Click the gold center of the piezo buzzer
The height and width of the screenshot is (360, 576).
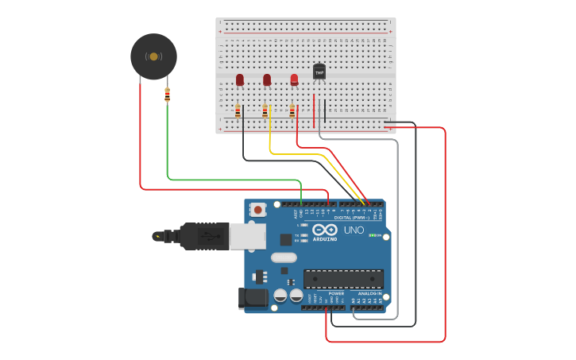153,56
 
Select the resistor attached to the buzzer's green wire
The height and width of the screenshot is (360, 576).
167,95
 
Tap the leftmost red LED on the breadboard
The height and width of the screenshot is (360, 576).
240,79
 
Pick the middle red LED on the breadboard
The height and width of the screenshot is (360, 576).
267,79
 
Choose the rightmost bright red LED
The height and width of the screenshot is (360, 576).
294,79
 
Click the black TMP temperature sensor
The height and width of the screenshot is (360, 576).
319,72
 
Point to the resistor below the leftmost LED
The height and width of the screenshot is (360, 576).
238,111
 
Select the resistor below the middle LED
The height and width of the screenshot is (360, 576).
265,111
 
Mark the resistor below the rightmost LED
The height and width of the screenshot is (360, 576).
292,111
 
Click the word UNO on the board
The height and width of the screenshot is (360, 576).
354,230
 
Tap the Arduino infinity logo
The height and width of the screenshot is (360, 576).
324,230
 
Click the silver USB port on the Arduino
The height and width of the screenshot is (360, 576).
248,235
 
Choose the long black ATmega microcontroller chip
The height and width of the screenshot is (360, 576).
343,279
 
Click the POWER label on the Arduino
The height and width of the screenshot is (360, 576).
336,293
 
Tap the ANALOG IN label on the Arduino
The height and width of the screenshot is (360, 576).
370,293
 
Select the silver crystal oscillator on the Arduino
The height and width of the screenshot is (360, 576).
283,257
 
